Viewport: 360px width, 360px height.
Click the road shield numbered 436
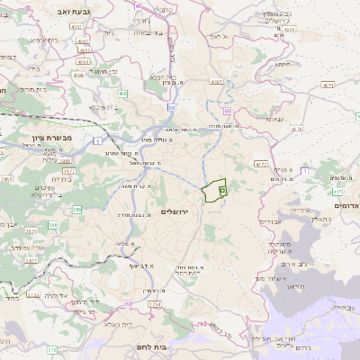122,93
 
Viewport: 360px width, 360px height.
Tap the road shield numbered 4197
216,82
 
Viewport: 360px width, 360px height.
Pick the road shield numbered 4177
260,165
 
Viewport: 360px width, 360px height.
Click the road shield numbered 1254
155,305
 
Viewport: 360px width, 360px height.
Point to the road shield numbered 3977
68,169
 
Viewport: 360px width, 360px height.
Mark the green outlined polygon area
213,191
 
